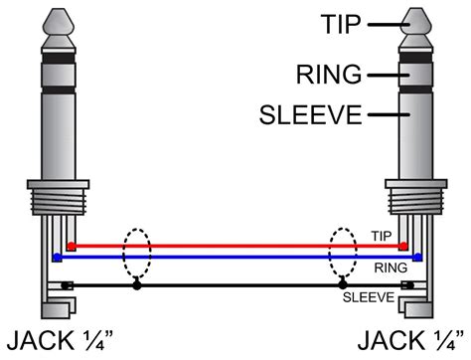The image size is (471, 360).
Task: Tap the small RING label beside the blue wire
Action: [x=389, y=267]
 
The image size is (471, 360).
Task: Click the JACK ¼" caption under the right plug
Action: [x=411, y=339]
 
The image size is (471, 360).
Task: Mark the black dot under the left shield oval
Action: [x=138, y=286]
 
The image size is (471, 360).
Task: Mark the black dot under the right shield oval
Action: [x=342, y=286]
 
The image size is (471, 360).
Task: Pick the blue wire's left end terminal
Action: [x=58, y=256]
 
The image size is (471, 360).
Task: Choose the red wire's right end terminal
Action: [x=403, y=245]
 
